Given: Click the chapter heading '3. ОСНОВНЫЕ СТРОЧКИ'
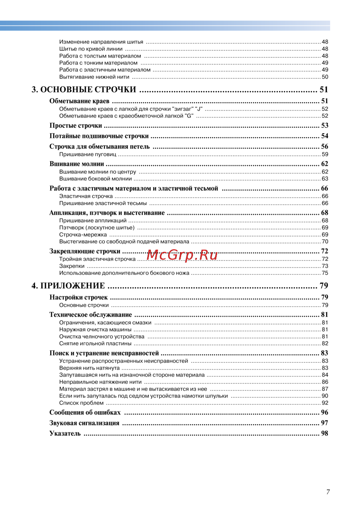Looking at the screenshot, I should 84,90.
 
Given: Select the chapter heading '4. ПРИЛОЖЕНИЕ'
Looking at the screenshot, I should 68,286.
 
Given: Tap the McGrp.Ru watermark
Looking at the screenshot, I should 182,255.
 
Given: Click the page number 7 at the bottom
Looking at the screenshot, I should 328,492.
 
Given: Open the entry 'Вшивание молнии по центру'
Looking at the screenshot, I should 98,172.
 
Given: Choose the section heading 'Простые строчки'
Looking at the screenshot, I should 76,126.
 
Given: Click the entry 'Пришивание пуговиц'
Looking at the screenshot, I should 88,155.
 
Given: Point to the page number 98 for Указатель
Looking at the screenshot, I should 324,433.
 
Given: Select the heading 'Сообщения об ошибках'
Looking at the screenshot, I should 85,412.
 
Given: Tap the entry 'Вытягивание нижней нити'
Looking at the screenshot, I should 94,77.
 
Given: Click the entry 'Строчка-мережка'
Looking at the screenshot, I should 83,235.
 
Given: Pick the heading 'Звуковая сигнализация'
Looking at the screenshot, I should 84,423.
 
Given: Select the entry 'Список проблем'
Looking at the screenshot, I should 81,403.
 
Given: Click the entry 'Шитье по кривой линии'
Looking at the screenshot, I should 91,49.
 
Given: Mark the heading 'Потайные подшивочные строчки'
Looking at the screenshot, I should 99,136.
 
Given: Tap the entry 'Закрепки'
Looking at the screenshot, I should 72,266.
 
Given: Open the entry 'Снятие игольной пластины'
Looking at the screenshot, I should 95,344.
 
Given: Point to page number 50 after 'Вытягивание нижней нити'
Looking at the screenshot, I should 325,77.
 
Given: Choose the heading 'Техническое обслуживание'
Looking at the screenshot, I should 91,315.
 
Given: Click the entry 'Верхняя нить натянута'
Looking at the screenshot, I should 89,368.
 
